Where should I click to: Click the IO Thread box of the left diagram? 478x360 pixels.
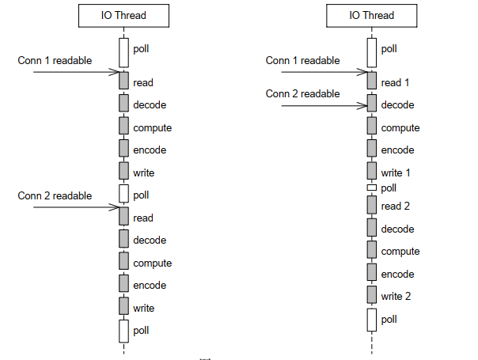pyautogui.click(x=124, y=15)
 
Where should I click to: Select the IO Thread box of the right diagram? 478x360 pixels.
pyautogui.click(x=372, y=15)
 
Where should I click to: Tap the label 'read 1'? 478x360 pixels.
pyautogui.click(x=396, y=82)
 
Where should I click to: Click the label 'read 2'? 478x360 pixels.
pyautogui.click(x=396, y=207)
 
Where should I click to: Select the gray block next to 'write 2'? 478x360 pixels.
pyautogui.click(x=372, y=295)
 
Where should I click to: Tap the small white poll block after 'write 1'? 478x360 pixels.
pyautogui.click(x=372, y=188)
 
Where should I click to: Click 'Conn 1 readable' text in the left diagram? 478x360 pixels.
pyautogui.click(x=54, y=60)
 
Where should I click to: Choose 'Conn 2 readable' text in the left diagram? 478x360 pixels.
pyautogui.click(x=54, y=195)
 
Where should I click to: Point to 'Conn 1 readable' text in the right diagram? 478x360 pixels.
pyautogui.click(x=302, y=60)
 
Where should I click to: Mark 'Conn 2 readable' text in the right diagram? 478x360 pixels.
pyautogui.click(x=302, y=93)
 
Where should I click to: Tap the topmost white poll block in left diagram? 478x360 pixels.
pyautogui.click(x=124, y=52)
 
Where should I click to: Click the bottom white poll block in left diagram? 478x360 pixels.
pyautogui.click(x=124, y=331)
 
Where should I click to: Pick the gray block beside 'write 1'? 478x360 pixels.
pyautogui.click(x=372, y=171)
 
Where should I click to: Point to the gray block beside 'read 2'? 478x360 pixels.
pyautogui.click(x=372, y=205)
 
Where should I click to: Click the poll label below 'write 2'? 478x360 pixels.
pyautogui.click(x=389, y=320)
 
